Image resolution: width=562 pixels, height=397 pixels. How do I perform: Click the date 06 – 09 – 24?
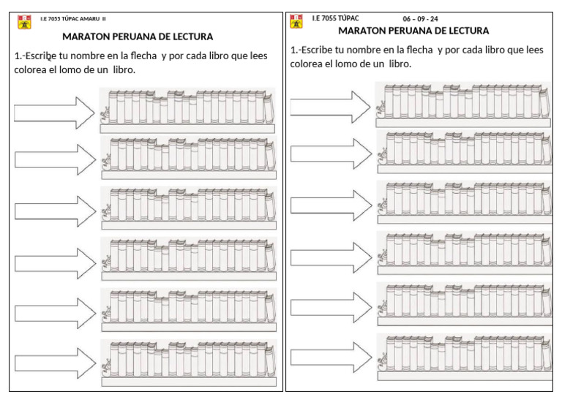(420, 19)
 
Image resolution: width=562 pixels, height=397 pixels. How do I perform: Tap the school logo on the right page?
(296, 22)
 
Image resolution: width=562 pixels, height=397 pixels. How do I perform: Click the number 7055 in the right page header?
(329, 18)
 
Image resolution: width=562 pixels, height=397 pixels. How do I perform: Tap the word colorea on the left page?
(34, 69)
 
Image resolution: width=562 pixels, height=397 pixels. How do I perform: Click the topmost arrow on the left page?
(55, 112)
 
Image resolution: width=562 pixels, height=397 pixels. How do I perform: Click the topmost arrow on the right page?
(331, 107)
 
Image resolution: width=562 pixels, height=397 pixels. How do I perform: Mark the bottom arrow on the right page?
(331, 358)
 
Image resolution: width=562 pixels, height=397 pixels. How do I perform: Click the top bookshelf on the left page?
(188, 110)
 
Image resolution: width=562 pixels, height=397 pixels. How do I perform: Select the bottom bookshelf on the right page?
(464, 356)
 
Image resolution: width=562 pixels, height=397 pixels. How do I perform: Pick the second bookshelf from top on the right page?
(464, 153)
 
